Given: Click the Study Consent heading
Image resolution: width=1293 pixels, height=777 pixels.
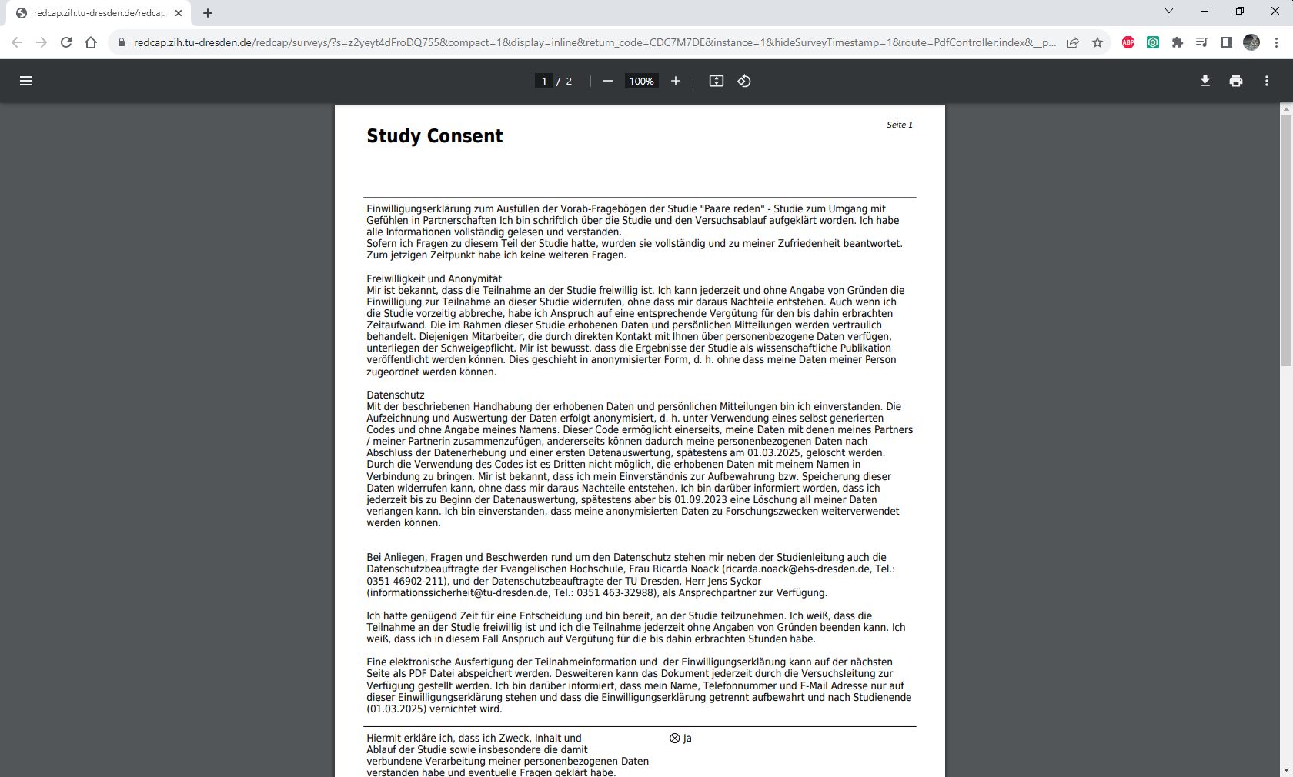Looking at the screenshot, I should pos(434,136).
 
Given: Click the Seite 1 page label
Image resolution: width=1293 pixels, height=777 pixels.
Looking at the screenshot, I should pos(899,125).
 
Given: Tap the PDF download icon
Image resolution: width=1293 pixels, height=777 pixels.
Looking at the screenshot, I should pos(1204,81).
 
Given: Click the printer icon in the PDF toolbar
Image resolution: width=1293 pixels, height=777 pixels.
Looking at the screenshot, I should pos(1235,81).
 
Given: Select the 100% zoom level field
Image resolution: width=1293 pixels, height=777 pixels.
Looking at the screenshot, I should pos(641,81).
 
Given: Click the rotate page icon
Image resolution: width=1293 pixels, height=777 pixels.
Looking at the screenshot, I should pos(743,81).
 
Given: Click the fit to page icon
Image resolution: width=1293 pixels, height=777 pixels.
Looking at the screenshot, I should pos(716,81).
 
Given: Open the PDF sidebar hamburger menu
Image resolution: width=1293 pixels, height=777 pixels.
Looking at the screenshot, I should pos(26,81).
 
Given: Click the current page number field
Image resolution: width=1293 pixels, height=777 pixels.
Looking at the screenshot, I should pos(544,81).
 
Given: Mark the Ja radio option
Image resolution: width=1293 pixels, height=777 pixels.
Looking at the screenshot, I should pos(675,738).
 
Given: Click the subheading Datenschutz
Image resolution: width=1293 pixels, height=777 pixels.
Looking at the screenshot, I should pos(395,395).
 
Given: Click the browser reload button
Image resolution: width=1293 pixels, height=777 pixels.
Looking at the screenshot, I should pos(66,42).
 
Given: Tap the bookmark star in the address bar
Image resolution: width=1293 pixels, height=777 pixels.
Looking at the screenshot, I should pos(1097,42).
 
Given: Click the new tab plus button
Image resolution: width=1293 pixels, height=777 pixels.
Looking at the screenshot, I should pos(208,12).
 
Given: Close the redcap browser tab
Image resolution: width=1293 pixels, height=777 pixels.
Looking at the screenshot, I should pos(179,12).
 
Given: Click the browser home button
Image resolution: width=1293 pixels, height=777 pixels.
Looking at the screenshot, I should pos(91,42).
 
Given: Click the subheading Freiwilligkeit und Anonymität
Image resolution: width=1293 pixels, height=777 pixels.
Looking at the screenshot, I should pos(434,278).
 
